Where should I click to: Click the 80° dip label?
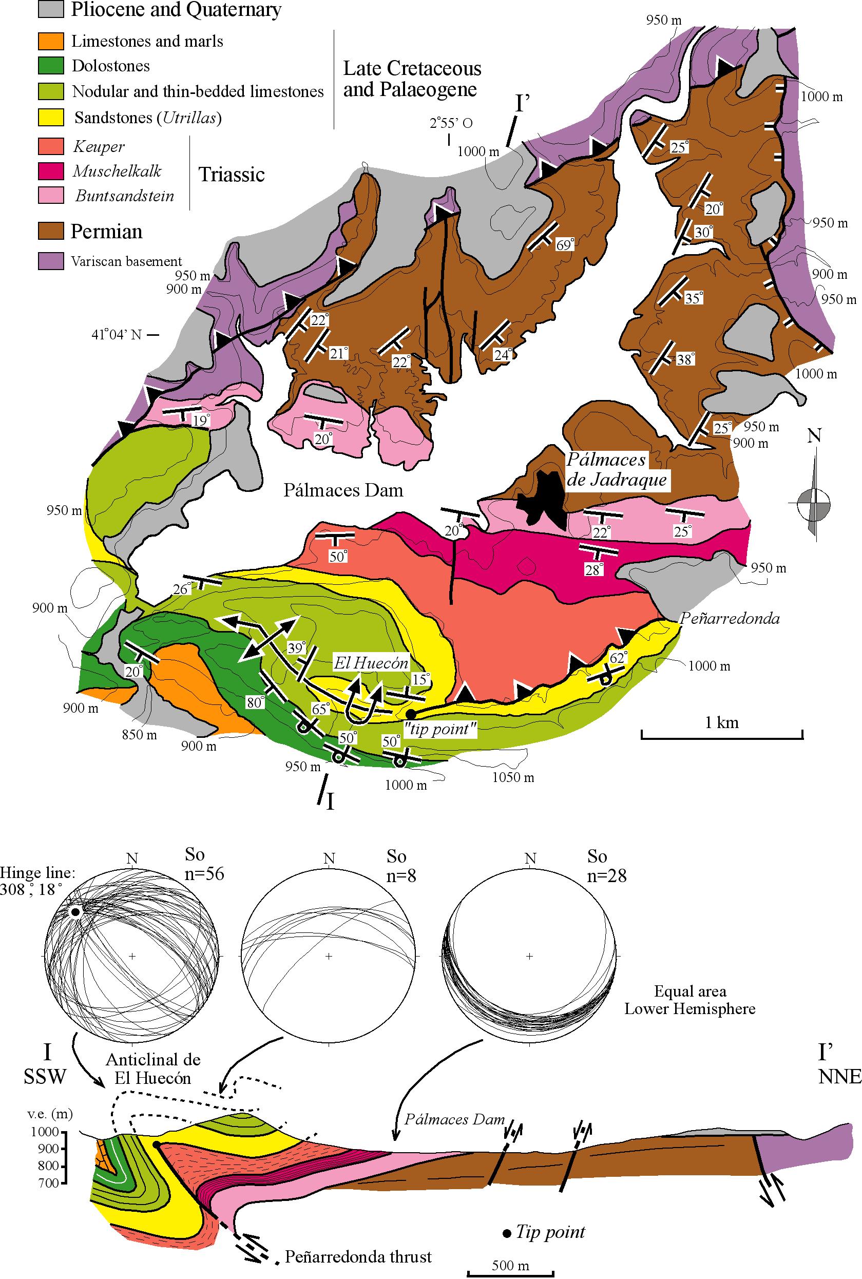pyautogui.click(x=255, y=702)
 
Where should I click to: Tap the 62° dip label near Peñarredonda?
pyautogui.click(x=619, y=657)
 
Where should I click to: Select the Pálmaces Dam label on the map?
pyautogui.click(x=343, y=490)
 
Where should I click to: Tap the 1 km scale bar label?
pyautogui.click(x=722, y=722)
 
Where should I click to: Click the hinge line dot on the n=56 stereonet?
pyautogui.click(x=76, y=911)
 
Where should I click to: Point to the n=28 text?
pyautogui.click(x=607, y=875)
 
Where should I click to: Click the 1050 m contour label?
pyautogui.click(x=513, y=777)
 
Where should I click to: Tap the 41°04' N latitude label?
pyautogui.click(x=117, y=334)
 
